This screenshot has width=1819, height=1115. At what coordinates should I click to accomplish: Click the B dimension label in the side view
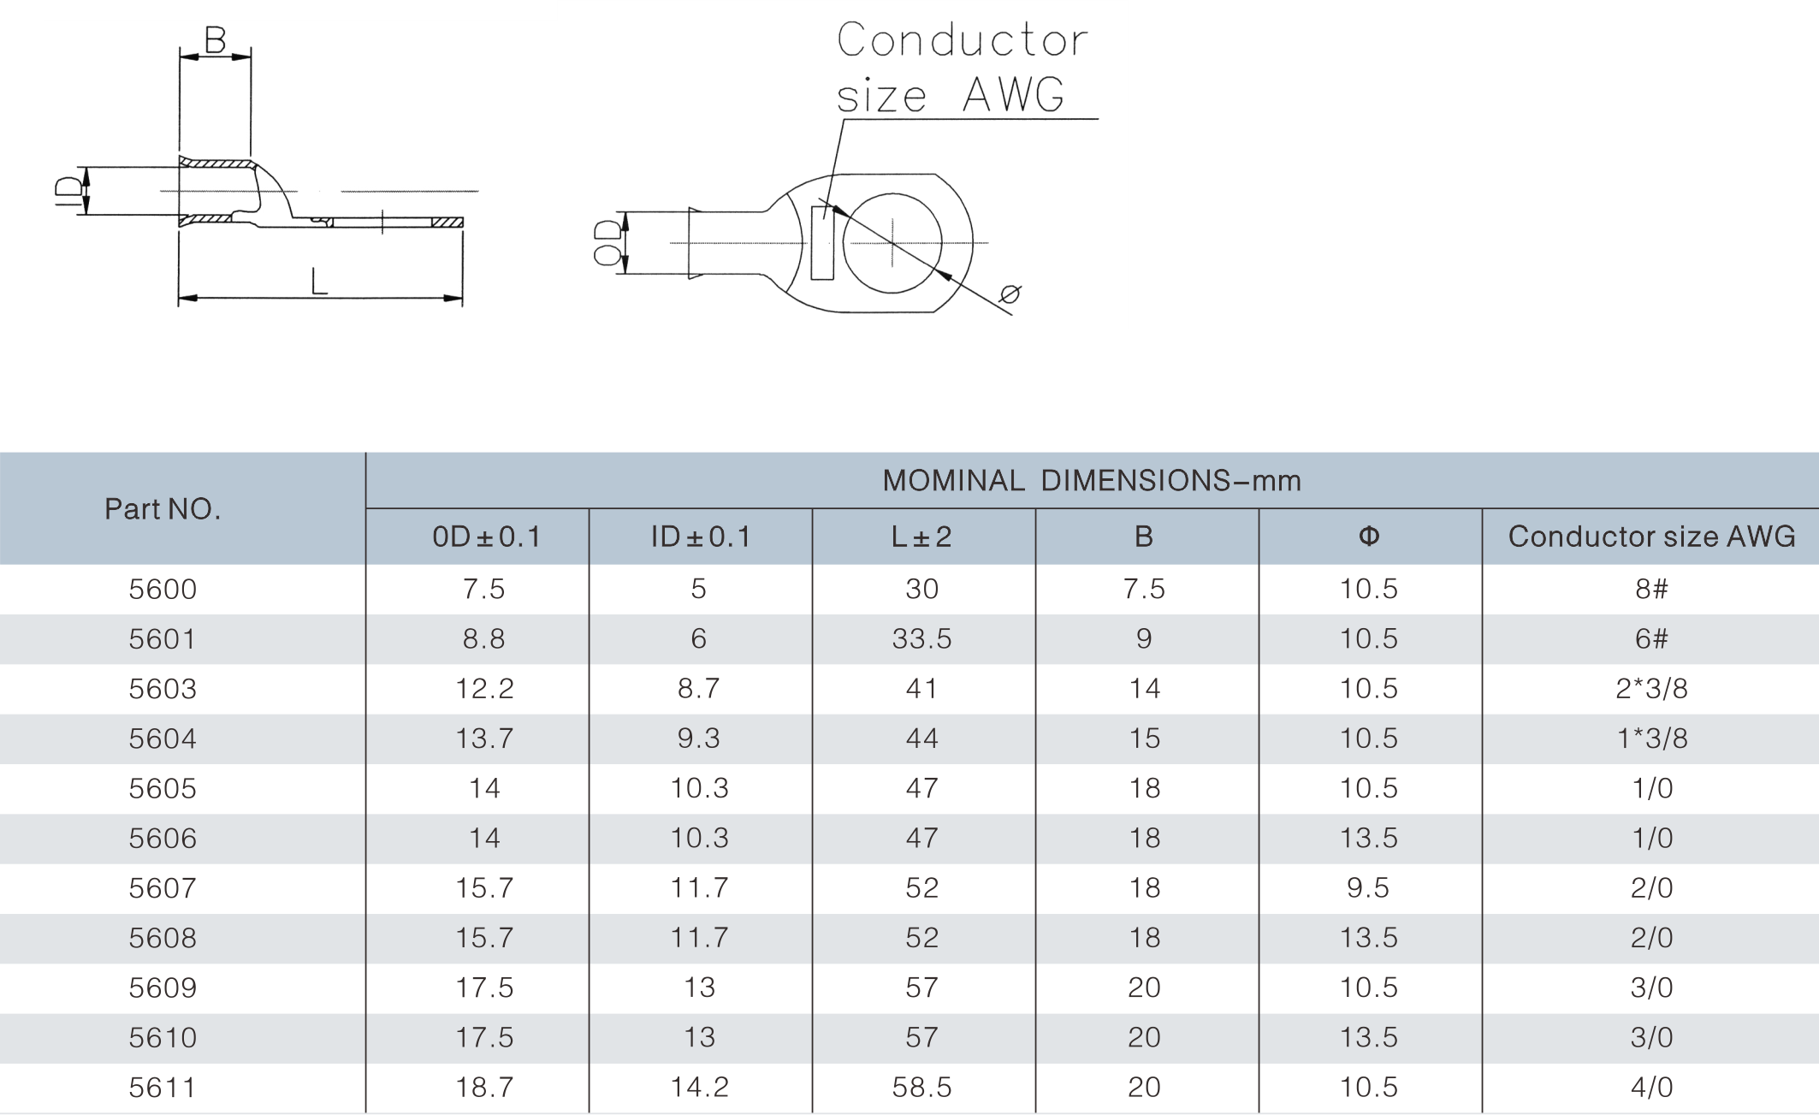[x=215, y=40]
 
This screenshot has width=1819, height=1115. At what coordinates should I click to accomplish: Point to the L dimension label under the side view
[x=319, y=282]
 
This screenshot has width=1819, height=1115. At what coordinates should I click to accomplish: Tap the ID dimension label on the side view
[x=69, y=192]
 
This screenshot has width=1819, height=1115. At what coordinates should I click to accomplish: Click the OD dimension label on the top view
[x=607, y=243]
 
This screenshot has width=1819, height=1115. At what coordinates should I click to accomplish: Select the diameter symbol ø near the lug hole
[x=1010, y=294]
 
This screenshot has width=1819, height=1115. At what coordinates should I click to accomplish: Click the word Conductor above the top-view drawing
[x=962, y=40]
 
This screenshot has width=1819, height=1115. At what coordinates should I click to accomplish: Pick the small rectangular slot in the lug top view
[x=822, y=243]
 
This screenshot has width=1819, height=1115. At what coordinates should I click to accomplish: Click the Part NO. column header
[x=163, y=509]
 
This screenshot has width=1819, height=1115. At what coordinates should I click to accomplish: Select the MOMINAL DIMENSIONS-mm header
[x=1092, y=481]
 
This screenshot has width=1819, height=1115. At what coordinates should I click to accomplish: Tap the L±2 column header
[x=921, y=537]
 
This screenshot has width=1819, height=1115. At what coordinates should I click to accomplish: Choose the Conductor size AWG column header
[x=1651, y=537]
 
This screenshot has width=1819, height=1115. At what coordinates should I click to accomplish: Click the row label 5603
[x=163, y=689]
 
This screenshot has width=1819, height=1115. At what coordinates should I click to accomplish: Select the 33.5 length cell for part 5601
[x=921, y=639]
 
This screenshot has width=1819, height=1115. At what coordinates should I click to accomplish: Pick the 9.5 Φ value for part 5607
[x=1367, y=888]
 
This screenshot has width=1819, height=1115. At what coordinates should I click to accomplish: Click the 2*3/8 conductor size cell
[x=1651, y=689]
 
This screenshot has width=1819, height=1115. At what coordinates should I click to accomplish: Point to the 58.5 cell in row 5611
[x=921, y=1088]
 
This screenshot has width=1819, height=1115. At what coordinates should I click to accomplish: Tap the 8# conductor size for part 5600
[x=1651, y=590]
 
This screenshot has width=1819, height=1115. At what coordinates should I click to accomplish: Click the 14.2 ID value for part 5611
[x=699, y=1088]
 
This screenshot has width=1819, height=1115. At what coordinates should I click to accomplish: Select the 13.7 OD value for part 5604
[x=484, y=738]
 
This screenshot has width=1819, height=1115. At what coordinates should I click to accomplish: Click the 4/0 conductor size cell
[x=1651, y=1088]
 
